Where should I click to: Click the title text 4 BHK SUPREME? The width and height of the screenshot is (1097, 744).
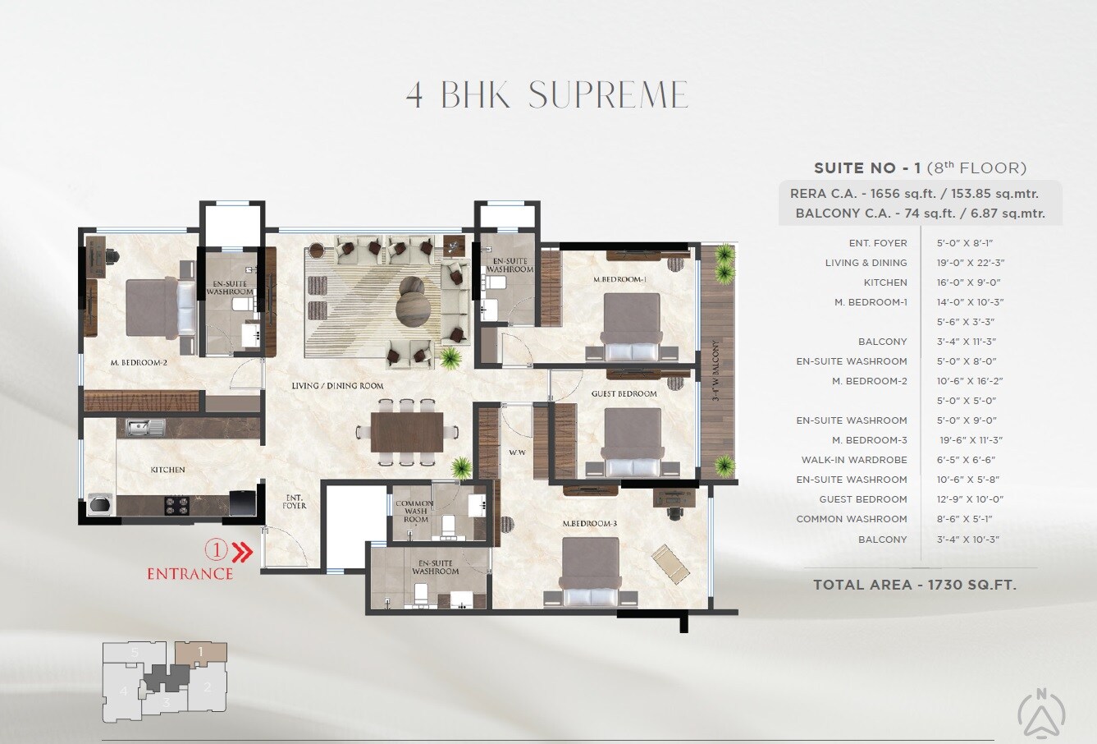pyautogui.click(x=547, y=95)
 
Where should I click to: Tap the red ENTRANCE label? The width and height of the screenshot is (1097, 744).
pyautogui.click(x=190, y=574)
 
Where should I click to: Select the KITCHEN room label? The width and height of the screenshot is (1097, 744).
pyautogui.click(x=167, y=470)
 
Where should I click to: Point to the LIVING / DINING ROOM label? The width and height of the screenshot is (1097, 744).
pyautogui.click(x=337, y=385)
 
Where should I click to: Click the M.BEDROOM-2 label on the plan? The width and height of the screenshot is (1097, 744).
pyautogui.click(x=139, y=361)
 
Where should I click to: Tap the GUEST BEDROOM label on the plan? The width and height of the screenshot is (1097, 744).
pyautogui.click(x=624, y=394)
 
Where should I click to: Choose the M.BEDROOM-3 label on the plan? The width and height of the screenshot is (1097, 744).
pyautogui.click(x=589, y=524)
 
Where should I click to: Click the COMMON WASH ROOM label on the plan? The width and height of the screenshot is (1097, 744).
pyautogui.click(x=415, y=512)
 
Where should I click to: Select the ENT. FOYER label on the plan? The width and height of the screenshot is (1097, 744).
pyautogui.click(x=295, y=501)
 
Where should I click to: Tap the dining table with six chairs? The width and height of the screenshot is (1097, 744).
pyautogui.click(x=406, y=432)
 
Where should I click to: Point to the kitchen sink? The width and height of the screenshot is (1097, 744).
pyautogui.click(x=144, y=426)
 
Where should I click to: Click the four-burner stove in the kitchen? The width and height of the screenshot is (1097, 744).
pyautogui.click(x=178, y=503)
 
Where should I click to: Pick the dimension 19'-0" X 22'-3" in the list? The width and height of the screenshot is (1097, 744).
pyautogui.click(x=971, y=263)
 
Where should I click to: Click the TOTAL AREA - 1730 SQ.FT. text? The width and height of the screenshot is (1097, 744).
pyautogui.click(x=915, y=585)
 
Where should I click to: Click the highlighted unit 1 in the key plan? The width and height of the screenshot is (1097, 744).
pyautogui.click(x=201, y=654)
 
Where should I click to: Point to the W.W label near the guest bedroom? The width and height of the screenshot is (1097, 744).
pyautogui.click(x=517, y=452)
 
